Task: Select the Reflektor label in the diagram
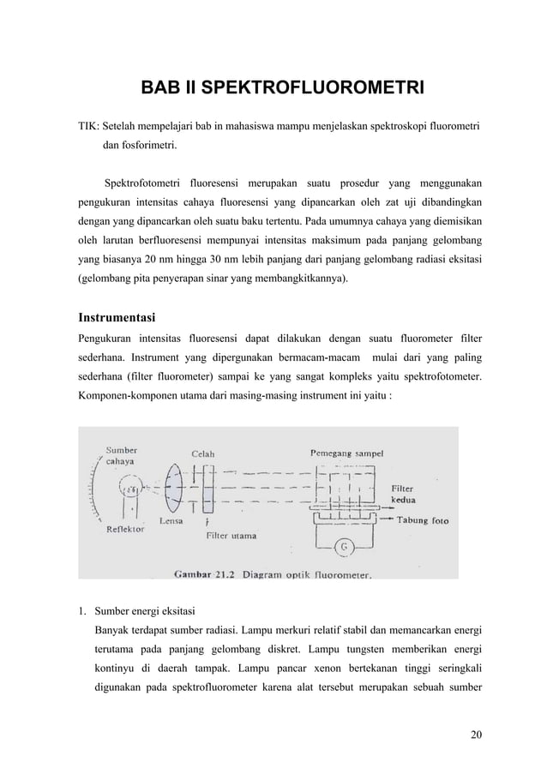[125, 530]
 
